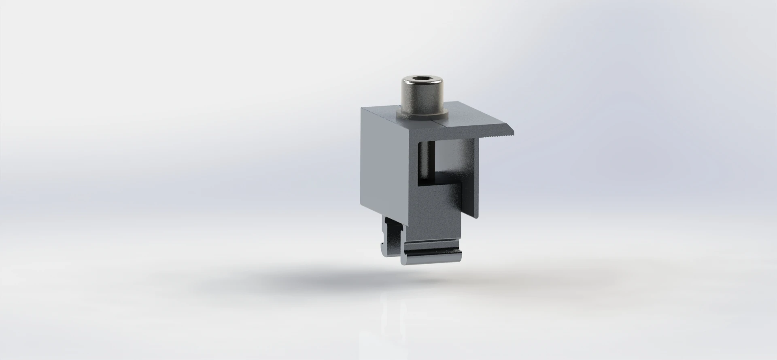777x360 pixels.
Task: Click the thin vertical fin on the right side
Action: [x=476, y=178]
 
